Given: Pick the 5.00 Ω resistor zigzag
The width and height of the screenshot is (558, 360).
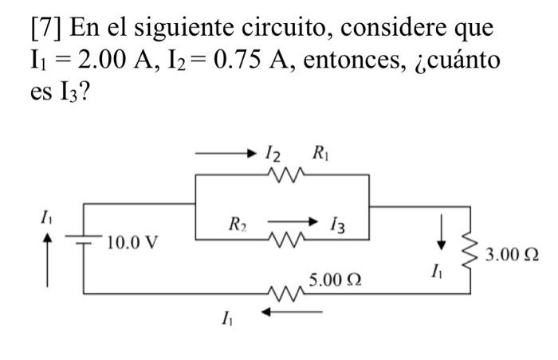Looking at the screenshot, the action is pos(285,295).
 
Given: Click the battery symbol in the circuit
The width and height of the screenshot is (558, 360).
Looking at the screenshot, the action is pos(84,238).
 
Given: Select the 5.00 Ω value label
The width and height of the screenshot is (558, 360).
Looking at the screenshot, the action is pos(336,280).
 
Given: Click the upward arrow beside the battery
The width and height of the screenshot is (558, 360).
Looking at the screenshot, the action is pos(48,259).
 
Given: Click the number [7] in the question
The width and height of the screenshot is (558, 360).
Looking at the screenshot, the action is pos(44,29).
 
